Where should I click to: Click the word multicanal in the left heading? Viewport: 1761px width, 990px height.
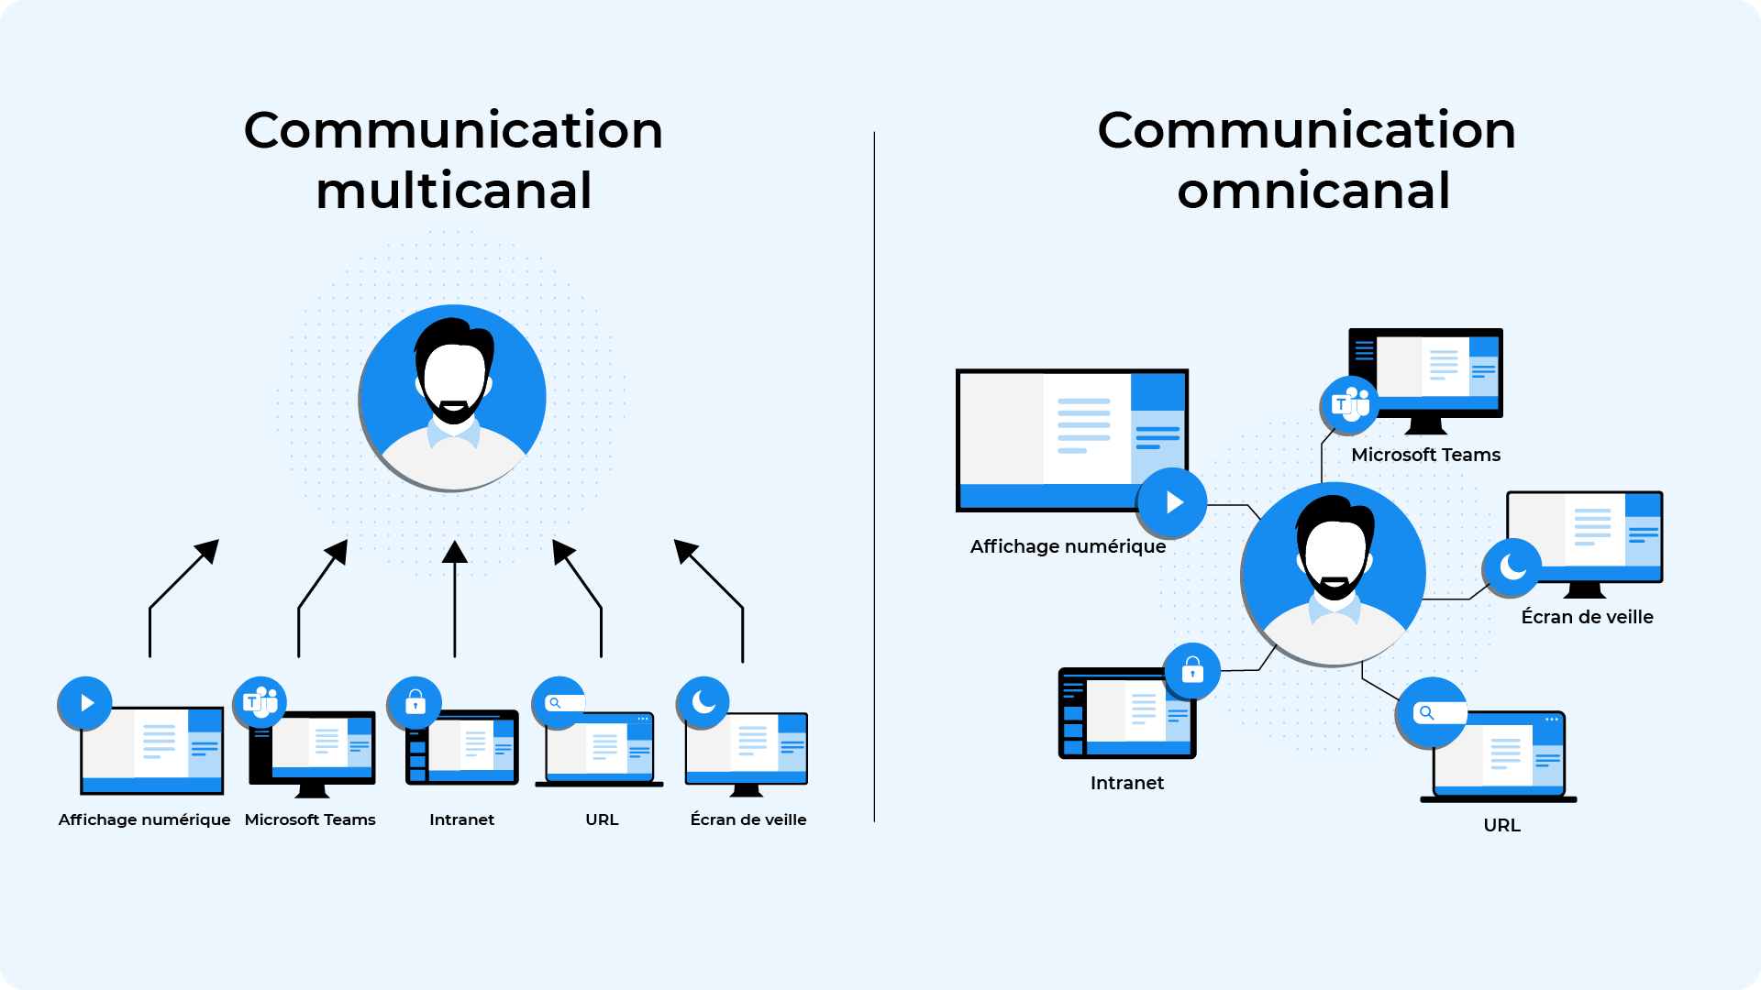[454, 191]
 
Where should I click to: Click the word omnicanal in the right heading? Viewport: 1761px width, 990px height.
[1313, 191]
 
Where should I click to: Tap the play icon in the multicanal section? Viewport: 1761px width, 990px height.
[85, 703]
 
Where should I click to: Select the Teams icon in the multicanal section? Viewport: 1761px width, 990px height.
[260, 702]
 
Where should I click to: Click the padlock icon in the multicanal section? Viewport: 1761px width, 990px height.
[415, 703]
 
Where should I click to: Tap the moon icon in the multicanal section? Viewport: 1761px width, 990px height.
[703, 702]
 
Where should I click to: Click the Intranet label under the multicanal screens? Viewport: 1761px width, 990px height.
[461, 819]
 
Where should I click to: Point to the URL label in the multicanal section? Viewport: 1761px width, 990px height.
[602, 819]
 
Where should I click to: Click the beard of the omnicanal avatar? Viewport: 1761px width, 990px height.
[1335, 588]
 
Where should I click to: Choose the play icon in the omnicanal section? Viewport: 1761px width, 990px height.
[1173, 502]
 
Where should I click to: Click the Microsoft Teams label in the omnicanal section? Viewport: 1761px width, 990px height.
[1425, 455]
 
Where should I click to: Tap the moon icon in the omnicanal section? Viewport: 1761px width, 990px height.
[1512, 567]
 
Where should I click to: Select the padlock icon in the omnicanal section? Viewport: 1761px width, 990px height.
[1192, 671]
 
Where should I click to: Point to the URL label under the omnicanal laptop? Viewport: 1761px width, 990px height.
[1501, 825]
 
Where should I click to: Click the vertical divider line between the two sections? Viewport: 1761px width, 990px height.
[874, 477]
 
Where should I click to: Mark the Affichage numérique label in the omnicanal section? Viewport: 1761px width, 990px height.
[1068, 546]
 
